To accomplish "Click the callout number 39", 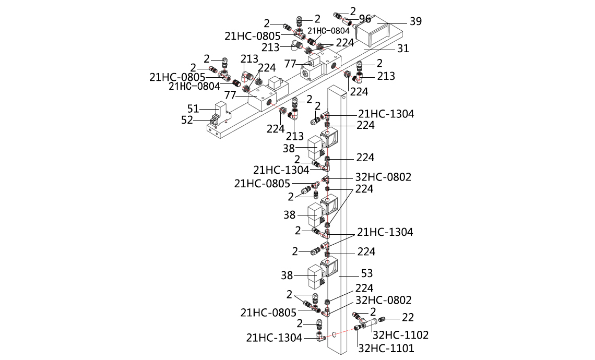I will (415, 21).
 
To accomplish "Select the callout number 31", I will (403, 49).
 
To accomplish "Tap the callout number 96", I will (365, 19).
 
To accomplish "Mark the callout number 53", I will (367, 273).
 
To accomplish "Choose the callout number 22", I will (407, 317).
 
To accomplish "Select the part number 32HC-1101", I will (386, 347).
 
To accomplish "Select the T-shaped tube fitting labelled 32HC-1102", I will (374, 325).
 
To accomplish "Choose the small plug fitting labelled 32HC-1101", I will (358, 328).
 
